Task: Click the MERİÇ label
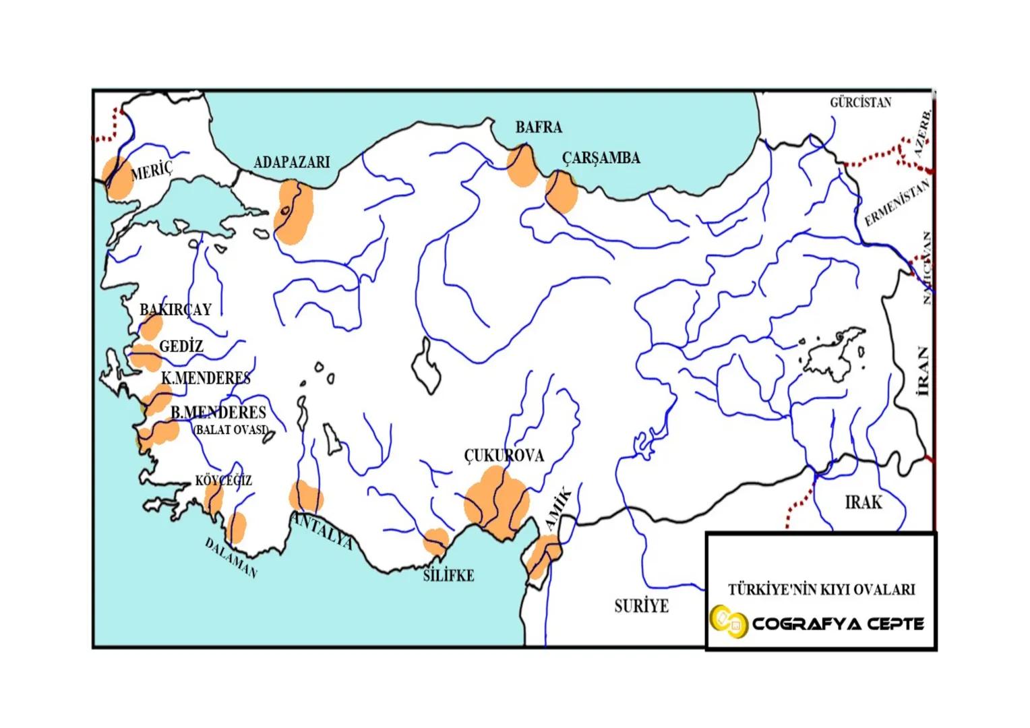coord(152,171)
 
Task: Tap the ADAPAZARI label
coord(291,162)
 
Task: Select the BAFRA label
coord(538,127)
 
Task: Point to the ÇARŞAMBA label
coord(601,158)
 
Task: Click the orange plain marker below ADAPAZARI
coord(293,212)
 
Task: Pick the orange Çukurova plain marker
coord(497,502)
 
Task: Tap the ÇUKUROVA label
coord(504,456)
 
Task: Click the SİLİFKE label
coord(448,576)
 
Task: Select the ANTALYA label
coord(322,530)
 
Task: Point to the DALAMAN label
coord(231,558)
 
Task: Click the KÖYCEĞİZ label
coord(223,481)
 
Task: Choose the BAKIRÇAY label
coord(175,309)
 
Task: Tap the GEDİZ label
coord(181,346)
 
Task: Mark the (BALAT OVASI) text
coord(231,429)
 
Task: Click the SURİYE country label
coord(641,606)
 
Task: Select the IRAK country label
coord(863,502)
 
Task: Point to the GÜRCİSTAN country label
coord(860,102)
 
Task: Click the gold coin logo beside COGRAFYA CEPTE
coord(728,622)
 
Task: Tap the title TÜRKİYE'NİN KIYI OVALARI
coord(821,590)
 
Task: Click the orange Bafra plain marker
coord(522,166)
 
